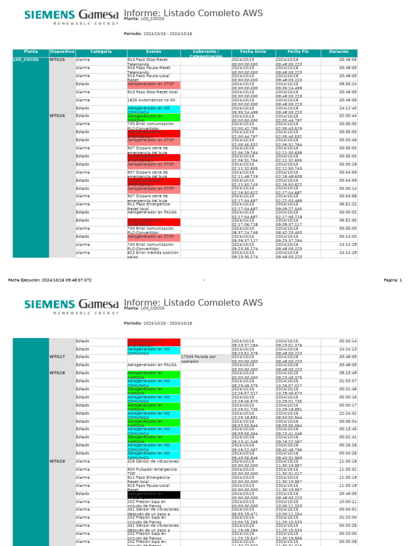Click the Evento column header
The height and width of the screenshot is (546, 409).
click(153, 52)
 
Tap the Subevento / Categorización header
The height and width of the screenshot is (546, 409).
click(206, 53)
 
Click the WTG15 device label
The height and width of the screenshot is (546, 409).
click(57, 60)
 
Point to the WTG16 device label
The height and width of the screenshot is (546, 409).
click(57, 116)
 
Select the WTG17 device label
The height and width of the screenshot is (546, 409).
click(57, 357)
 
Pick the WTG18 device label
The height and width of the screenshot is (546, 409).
click(57, 373)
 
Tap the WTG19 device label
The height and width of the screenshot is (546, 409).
click(57, 461)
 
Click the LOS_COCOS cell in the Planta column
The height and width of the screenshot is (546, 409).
click(26, 60)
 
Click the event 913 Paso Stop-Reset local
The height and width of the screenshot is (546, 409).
click(152, 92)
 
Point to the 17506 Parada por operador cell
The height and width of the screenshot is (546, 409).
click(206, 358)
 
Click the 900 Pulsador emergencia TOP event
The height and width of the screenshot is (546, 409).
click(152, 471)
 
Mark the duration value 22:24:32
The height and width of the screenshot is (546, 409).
click(348, 413)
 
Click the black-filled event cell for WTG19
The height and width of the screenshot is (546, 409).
click(153, 494)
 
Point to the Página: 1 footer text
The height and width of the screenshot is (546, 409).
click(392, 279)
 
